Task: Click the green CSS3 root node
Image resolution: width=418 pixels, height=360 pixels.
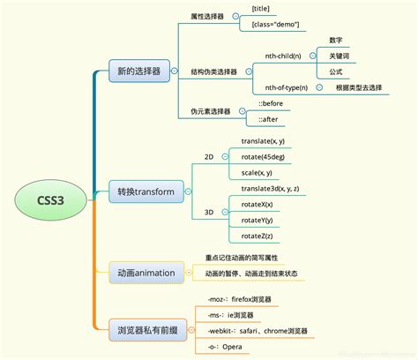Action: coord(50,200)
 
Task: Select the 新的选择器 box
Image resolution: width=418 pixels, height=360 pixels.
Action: coord(138,71)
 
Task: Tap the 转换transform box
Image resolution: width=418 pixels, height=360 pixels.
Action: coord(147,191)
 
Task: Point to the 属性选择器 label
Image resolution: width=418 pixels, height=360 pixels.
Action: coord(207,17)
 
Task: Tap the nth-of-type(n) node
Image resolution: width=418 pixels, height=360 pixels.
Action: coord(287,87)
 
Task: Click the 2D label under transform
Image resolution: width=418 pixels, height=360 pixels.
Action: coord(209,156)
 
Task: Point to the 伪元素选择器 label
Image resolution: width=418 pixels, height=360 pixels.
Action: coord(211,111)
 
